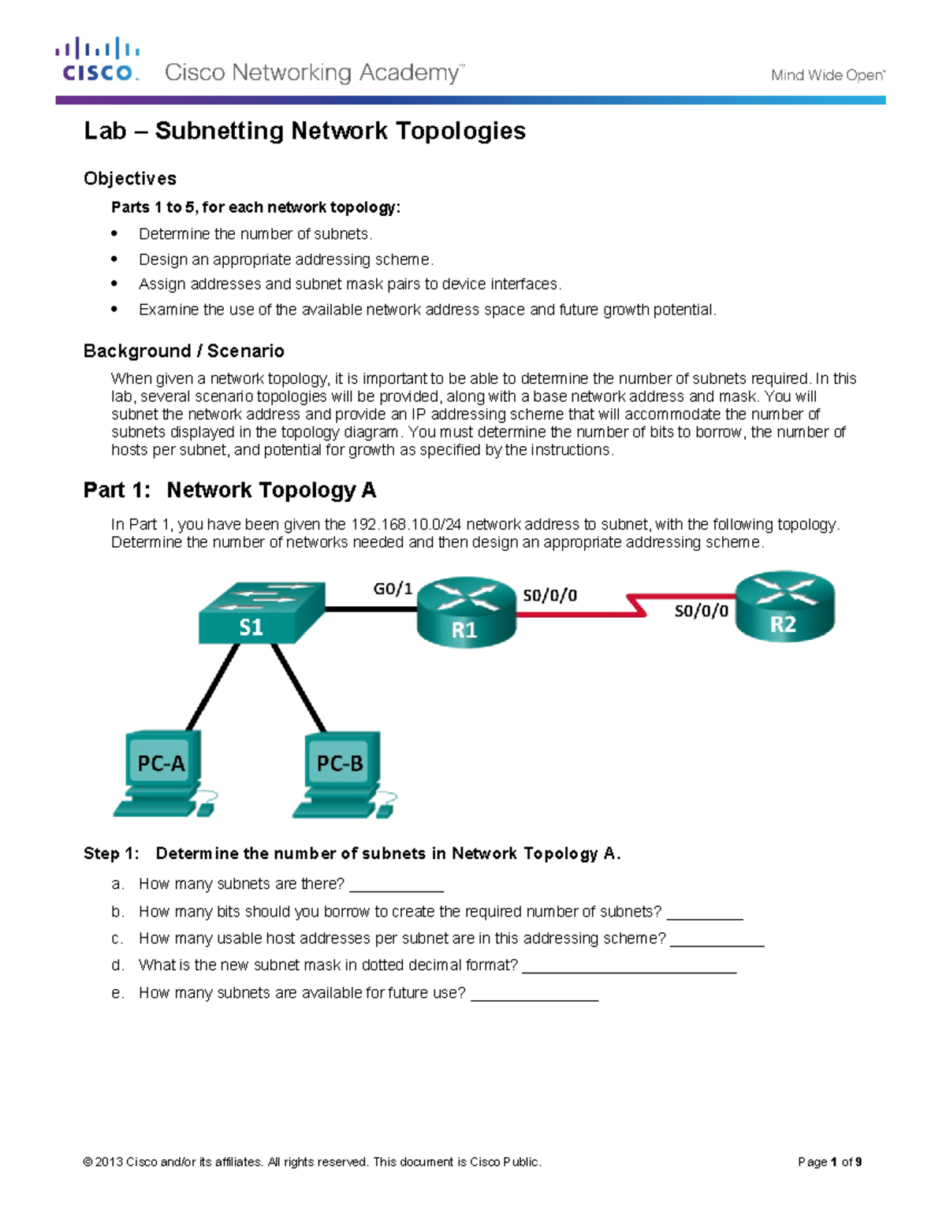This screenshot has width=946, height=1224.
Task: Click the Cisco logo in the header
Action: [x=98, y=60]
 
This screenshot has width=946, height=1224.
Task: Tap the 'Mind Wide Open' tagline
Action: [x=828, y=76]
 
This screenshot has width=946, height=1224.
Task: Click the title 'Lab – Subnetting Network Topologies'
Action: [x=305, y=131]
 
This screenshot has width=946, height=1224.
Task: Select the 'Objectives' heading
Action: [x=130, y=179]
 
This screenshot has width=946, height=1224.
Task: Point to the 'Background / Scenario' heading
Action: [x=184, y=351]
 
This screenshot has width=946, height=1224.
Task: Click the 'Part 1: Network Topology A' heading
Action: [x=229, y=490]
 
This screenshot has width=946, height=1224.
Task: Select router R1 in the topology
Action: [x=466, y=612]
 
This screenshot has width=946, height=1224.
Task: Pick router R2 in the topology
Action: [x=784, y=606]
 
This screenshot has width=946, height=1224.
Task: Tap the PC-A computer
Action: [x=162, y=773]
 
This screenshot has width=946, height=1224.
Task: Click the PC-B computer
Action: [x=341, y=773]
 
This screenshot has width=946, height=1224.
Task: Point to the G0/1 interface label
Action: [x=393, y=589]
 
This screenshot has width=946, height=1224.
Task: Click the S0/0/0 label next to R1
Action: [x=549, y=596]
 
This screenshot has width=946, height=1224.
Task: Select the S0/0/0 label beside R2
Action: [x=701, y=611]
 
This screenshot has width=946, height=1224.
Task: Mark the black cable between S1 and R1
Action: [x=371, y=609]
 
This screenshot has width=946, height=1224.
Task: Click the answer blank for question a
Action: [x=396, y=885]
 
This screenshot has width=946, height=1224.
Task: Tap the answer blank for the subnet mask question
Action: [x=628, y=966]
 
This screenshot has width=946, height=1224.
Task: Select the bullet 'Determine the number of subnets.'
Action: [x=255, y=234]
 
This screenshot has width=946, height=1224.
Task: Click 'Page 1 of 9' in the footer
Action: [x=829, y=1162]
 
